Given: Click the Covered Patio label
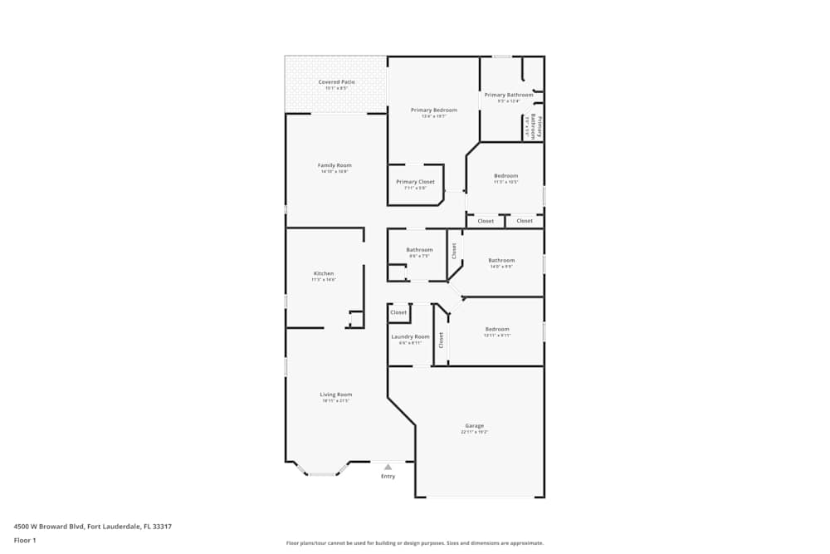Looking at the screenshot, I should coord(336,82).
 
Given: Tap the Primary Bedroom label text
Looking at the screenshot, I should coord(433,110).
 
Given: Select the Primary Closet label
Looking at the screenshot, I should coord(415,182).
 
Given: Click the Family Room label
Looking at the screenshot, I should coord(334,165).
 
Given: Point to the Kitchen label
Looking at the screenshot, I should coord(324,273).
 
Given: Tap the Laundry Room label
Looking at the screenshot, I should coord(410,336).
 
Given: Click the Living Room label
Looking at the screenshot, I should coord(336,395).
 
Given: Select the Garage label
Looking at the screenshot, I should coord(474,426).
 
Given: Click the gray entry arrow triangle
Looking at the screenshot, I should coord(388,468).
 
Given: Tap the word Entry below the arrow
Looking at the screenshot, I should coord(388,477).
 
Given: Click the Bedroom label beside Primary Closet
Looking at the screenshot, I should coord(505,176).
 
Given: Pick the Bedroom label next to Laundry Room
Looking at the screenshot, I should coord(497,329).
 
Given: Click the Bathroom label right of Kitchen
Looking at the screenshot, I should coord(419,250).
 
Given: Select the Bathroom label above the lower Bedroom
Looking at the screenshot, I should coord(500,261).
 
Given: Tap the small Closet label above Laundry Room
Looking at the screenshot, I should coord(398,312).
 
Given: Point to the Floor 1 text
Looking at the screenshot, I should coord(25,540).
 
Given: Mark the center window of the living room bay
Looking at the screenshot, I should coord(323,474).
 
